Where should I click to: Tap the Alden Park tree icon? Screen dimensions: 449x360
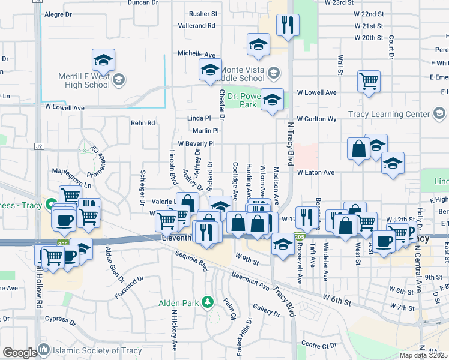point(208,301)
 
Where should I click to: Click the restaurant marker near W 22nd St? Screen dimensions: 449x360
point(288,25)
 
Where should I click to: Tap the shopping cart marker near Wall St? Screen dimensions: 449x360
point(369,82)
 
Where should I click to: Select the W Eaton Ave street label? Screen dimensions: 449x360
point(315,172)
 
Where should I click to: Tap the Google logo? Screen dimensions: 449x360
point(19,352)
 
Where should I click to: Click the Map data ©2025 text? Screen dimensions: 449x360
point(424,356)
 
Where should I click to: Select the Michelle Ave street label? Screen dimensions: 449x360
point(196,54)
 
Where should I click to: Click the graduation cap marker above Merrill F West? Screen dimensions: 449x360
point(103,59)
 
